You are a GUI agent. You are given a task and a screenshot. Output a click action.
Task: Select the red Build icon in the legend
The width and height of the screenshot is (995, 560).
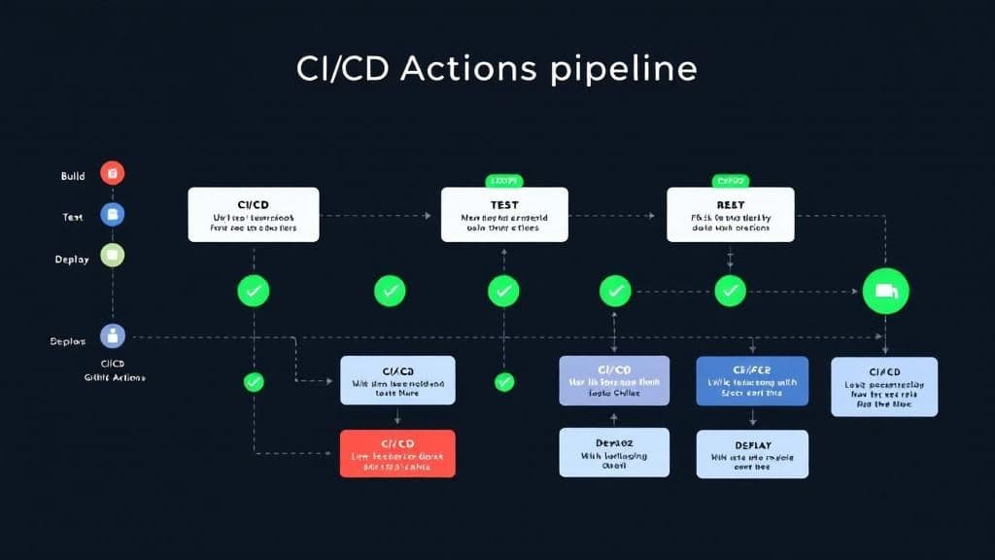[x=112, y=174]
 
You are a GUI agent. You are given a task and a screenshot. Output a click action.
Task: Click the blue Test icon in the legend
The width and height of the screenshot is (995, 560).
[x=112, y=215]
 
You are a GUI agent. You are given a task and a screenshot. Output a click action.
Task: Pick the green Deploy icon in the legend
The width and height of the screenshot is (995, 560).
[x=112, y=257]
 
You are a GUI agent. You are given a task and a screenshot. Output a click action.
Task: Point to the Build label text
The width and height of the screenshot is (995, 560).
[x=73, y=176]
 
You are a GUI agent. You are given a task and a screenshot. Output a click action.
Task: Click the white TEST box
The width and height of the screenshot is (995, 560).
[x=503, y=215]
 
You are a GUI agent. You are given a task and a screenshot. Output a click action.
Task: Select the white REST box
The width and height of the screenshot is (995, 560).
[x=730, y=215]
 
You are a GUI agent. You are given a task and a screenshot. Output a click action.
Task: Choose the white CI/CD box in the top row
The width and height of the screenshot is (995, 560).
[x=253, y=215]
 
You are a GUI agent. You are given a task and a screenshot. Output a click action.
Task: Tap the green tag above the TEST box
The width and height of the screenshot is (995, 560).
[x=503, y=181]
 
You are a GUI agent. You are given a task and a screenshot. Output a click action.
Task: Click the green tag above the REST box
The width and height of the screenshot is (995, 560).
[x=730, y=181]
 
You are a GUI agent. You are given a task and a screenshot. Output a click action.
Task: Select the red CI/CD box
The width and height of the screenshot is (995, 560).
[x=396, y=453]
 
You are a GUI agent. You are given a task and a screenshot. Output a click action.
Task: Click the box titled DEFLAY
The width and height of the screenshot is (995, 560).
[x=751, y=454]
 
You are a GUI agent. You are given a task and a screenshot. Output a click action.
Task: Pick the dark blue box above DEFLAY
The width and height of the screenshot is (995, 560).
[x=751, y=380]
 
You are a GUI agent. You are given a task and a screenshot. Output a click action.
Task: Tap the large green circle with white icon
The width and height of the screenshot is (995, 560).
[x=885, y=291]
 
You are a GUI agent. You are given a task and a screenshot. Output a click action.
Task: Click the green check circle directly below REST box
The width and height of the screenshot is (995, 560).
[x=730, y=290]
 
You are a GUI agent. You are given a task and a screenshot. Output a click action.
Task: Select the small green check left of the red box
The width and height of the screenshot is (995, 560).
[x=254, y=382]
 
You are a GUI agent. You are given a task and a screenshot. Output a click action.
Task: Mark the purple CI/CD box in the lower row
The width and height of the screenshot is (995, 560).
[x=614, y=380]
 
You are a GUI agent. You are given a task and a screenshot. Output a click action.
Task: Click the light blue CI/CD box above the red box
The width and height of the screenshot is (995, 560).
[x=396, y=380]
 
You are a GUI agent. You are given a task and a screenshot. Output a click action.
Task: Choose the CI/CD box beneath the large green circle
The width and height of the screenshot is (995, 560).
[x=884, y=386]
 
